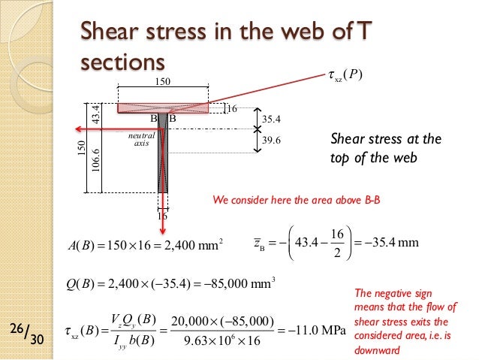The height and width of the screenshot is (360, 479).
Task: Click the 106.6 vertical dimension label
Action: (x=96, y=159)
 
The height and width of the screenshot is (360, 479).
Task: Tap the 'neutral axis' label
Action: (x=141, y=140)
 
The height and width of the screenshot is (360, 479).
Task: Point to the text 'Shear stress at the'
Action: (x=385, y=139)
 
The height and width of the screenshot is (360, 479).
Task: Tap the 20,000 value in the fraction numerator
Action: (x=190, y=321)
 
